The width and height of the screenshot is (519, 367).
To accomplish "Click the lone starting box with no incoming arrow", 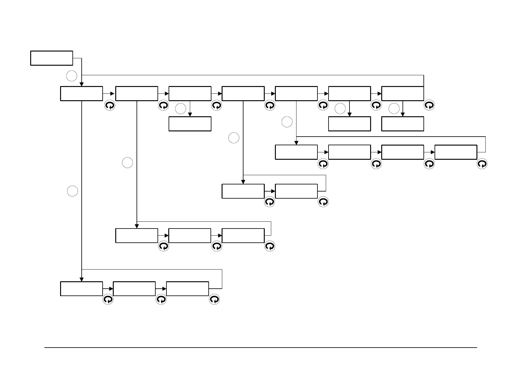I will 51,58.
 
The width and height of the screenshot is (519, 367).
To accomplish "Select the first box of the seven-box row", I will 81,93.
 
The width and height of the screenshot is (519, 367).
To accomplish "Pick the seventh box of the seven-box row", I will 403,93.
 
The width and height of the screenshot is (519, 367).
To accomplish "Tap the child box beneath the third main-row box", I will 190,124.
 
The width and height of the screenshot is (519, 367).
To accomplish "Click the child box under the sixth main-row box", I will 349,124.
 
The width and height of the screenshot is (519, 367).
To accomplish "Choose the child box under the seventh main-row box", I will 403,124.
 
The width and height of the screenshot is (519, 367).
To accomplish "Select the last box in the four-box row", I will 456,152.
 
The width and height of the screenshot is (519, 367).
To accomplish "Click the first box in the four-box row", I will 296,152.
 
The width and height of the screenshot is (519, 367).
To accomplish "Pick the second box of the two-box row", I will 296,191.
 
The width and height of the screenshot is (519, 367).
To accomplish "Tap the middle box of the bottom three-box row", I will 134,289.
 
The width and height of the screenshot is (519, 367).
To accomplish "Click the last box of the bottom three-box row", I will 187,289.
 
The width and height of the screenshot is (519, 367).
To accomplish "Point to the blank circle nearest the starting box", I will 72,76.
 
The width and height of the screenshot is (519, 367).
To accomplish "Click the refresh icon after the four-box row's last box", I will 482,164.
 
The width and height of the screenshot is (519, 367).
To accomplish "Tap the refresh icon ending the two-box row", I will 323,202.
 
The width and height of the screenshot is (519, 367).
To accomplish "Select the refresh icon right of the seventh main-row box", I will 429,105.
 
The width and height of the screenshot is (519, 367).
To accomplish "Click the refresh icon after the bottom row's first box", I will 108,299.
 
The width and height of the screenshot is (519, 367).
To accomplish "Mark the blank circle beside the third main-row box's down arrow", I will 181,109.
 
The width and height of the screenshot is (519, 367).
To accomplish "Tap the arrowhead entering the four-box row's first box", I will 296,143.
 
